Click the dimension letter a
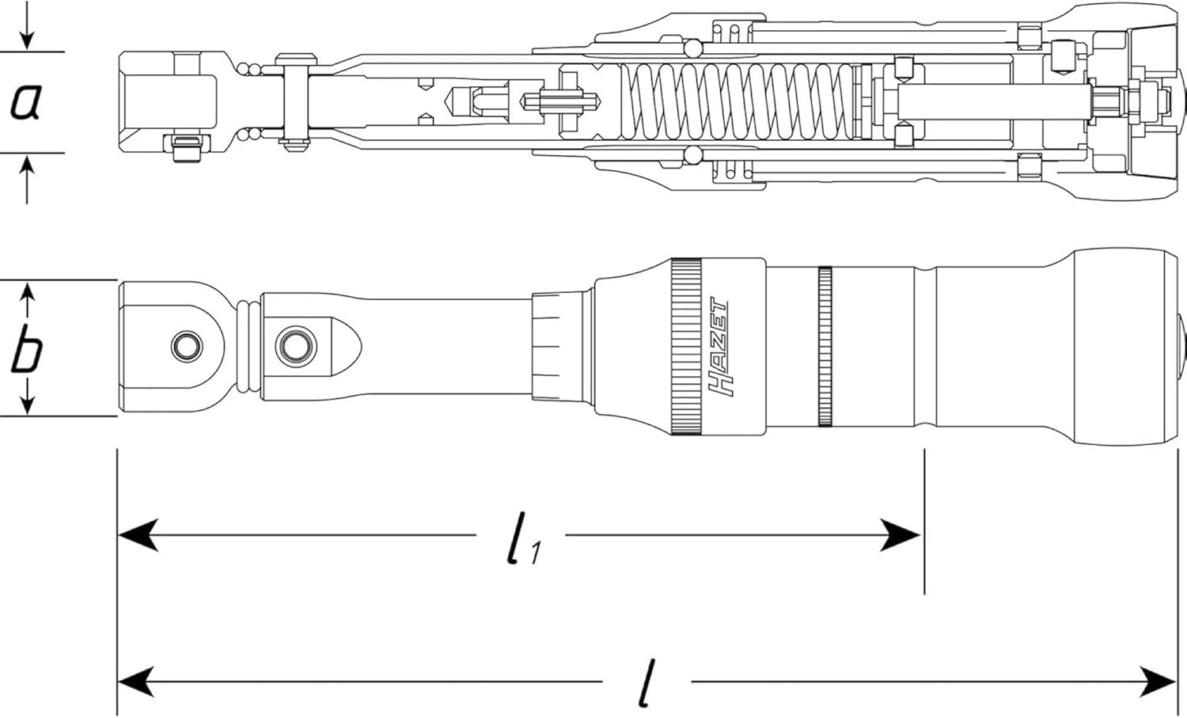pos(26,102)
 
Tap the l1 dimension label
pos(522,538)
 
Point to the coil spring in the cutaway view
pos(739,102)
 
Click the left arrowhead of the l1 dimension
pos(138,535)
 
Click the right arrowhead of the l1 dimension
pos(901,535)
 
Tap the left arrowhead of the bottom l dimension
pos(138,682)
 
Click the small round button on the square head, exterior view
pos(187,347)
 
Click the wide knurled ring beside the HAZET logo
pos(686,347)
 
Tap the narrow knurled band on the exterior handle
pos(825,347)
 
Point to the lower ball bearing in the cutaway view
pos(692,155)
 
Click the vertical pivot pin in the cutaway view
pos(296,102)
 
